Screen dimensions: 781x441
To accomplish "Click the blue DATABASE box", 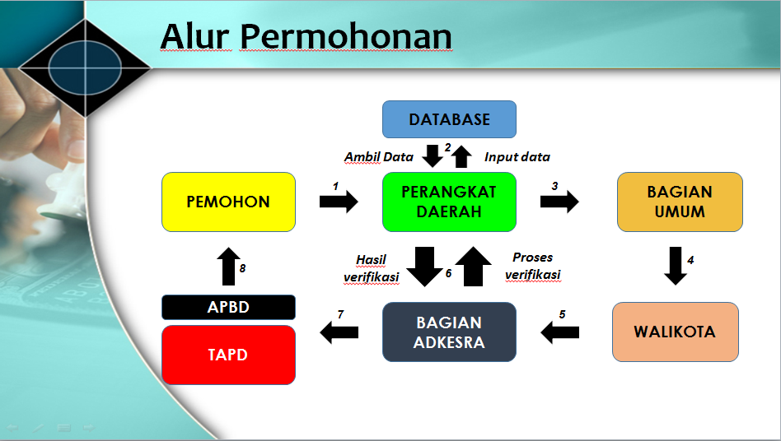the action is [449, 119].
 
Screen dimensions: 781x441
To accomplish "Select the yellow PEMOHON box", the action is [229, 202].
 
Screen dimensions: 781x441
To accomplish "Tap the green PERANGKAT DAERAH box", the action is [449, 202].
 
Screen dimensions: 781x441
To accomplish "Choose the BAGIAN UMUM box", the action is [680, 202].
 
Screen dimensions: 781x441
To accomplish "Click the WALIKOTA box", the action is [676, 332].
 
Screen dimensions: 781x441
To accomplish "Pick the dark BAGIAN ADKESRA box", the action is [449, 332].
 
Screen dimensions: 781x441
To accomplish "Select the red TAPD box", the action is [229, 355].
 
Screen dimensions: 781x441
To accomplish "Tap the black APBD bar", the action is [229, 307].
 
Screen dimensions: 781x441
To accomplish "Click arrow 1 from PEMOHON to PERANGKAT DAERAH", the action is [339, 202].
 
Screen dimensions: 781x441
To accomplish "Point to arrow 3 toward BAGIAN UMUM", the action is [559, 202].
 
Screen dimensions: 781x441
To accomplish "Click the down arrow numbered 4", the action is [676, 266].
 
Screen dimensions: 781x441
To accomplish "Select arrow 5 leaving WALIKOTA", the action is [560, 332].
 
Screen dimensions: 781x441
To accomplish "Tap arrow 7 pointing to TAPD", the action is [339, 332].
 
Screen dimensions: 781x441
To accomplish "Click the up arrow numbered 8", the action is [229, 267].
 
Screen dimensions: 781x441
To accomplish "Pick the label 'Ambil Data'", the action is [378, 157].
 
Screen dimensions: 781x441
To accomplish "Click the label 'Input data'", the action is [517, 157].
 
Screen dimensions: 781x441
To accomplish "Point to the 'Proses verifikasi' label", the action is [532, 266].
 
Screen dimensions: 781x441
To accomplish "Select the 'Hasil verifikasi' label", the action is [371, 268].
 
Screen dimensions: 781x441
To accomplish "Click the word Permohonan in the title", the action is [346, 36].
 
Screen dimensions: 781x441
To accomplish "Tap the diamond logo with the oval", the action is [85, 67].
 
